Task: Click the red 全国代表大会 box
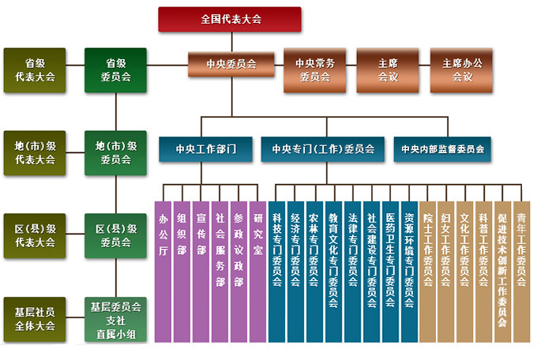(230, 18)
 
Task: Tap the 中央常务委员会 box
(315, 69)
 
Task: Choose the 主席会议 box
(388, 69)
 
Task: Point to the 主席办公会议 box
(461, 69)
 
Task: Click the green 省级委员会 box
(115, 69)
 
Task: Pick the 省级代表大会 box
(35, 69)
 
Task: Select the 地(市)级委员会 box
(115, 152)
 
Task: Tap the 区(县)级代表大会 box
(35, 235)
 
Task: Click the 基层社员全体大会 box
(35, 318)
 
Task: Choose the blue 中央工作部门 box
(205, 148)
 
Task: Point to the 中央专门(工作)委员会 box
(323, 148)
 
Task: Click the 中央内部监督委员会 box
(442, 148)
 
